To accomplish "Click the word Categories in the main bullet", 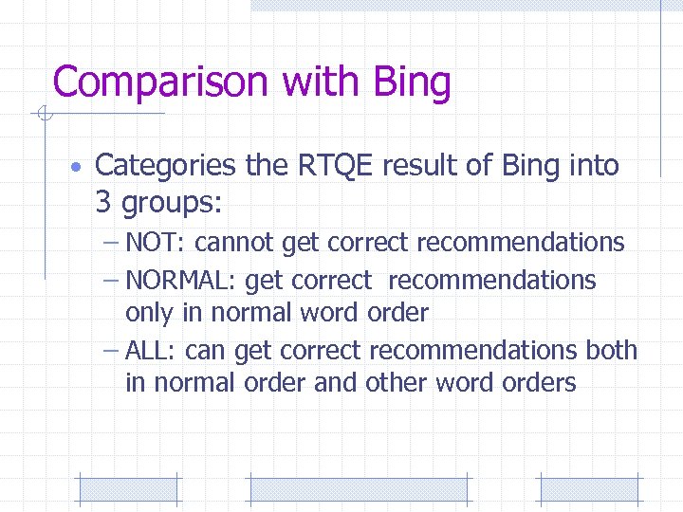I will [166, 166].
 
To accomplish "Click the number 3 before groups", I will [103, 201].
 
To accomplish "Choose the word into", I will [595, 166].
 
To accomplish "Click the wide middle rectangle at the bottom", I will [358, 489].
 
